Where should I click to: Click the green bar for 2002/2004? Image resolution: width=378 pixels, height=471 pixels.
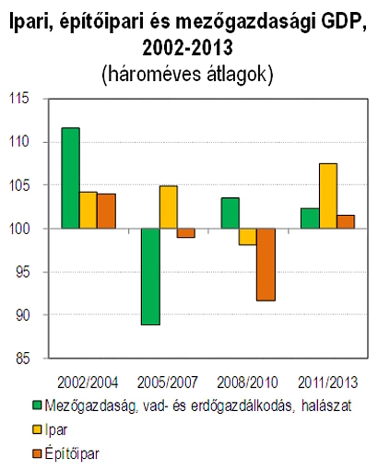[70, 178]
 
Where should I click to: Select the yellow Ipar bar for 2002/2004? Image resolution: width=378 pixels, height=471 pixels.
[88, 210]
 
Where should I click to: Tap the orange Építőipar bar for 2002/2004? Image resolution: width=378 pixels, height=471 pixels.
[106, 211]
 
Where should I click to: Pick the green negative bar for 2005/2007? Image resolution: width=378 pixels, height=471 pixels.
[151, 277]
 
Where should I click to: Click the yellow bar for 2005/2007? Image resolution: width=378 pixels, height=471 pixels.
[168, 207]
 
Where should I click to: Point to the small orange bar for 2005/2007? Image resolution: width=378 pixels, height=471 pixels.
[186, 233]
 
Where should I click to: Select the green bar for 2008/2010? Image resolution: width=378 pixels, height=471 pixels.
[230, 213]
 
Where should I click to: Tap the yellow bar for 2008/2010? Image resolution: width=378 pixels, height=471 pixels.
[248, 237]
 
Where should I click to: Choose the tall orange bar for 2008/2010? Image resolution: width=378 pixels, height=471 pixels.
[266, 265]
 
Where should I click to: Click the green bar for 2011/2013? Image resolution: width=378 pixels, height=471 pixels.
[310, 218]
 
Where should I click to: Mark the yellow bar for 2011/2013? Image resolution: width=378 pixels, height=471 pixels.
[328, 196]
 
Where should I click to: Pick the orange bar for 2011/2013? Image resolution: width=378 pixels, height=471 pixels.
[346, 222]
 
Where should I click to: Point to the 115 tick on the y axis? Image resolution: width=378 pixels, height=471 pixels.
[20, 98]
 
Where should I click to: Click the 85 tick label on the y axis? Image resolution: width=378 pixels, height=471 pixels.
[23, 359]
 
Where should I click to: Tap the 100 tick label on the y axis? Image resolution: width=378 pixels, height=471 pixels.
[20, 229]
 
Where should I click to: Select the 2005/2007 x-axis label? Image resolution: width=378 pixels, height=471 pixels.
[168, 382]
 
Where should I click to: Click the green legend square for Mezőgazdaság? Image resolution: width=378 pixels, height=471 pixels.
[36, 406]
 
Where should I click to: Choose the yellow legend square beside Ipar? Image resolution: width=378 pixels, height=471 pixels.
[36, 429]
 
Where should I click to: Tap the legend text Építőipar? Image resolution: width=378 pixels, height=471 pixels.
[72, 454]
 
